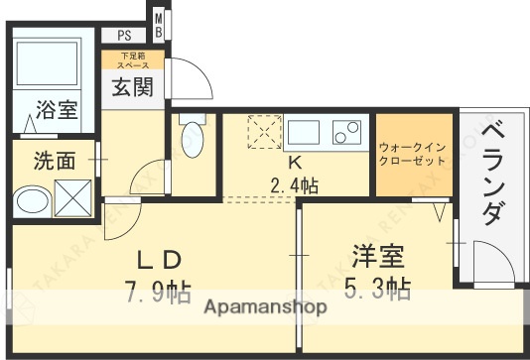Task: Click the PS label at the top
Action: [123, 35]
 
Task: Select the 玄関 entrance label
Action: [130, 87]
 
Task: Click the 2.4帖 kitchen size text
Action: [294, 184]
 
